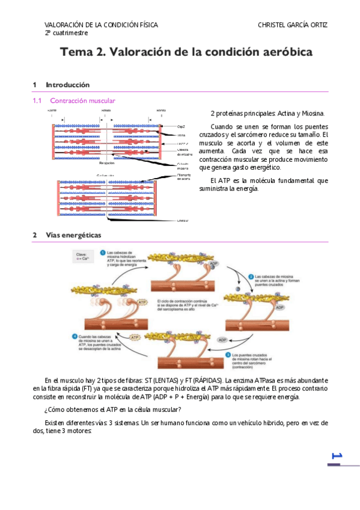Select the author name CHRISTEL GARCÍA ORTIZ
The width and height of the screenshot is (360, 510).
[x=293, y=25]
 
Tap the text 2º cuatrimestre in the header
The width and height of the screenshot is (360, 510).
[x=66, y=32]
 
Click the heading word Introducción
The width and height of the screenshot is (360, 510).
[x=67, y=85]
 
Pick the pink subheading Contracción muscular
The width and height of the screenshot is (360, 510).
[x=82, y=100]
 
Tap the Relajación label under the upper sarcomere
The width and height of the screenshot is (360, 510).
[x=106, y=163]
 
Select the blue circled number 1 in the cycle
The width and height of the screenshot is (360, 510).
[x=102, y=253]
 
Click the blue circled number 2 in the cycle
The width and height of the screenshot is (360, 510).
[x=251, y=276]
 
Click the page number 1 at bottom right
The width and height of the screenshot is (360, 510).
[x=336, y=456]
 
